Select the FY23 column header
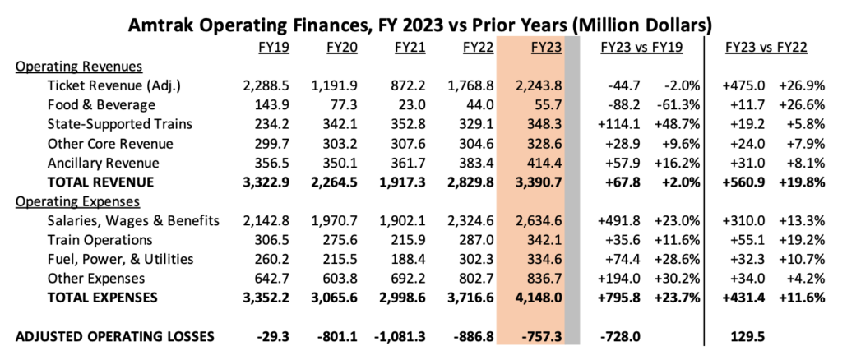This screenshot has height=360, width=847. click(546, 48)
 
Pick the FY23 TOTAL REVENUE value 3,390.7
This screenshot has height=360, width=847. click(539, 182)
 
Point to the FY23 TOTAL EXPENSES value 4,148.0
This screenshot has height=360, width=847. click(539, 298)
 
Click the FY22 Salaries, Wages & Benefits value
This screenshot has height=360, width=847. click(471, 221)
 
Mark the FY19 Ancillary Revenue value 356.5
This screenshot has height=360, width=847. click(266, 163)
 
